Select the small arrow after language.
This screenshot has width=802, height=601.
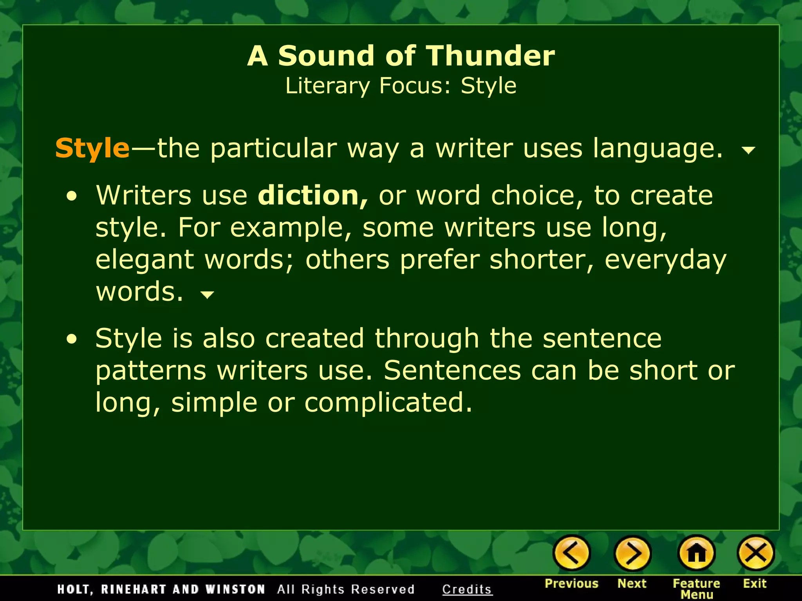[x=748, y=150]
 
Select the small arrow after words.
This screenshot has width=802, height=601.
[x=207, y=294]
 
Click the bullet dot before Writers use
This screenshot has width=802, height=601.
[x=72, y=197]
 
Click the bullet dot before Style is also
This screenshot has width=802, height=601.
[x=72, y=340]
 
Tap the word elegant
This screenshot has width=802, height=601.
[x=145, y=260]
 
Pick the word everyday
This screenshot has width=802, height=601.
[x=665, y=260]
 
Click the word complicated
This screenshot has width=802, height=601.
[x=388, y=402]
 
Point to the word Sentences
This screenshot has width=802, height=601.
[x=452, y=370]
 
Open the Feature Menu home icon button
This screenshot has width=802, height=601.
[x=696, y=553]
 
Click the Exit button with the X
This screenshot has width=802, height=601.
[x=755, y=553]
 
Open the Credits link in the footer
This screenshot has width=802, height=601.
[x=467, y=589]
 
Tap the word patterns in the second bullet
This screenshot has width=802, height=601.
[x=151, y=371]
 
